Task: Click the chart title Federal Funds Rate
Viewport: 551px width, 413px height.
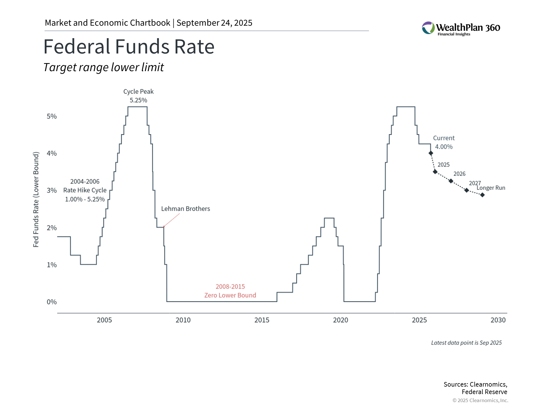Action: pos(129,47)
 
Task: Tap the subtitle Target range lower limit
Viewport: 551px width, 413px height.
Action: pos(104,67)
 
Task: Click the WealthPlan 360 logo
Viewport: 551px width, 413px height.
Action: pos(461,28)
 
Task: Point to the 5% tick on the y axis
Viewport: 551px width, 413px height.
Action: pos(52,116)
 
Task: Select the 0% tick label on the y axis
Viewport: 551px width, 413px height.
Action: pos(52,302)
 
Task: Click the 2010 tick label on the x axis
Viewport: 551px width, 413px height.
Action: pos(183,320)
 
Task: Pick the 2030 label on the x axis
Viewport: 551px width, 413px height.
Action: pos(498,320)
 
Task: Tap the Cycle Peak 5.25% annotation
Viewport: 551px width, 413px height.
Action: pos(138,96)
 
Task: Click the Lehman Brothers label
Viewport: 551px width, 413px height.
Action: pos(185,209)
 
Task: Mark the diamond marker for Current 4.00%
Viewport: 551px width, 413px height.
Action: pos(431,153)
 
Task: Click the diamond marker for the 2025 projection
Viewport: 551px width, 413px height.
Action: pos(435,172)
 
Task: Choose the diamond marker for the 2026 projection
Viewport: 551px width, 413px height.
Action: pos(451,181)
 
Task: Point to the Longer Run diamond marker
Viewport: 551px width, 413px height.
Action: pos(482,195)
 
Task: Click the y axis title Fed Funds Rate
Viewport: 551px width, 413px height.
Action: pos(36,200)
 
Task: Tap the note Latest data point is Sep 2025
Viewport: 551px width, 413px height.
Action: pos(466,343)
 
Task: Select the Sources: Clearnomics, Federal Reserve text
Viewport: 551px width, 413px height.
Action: pos(475,388)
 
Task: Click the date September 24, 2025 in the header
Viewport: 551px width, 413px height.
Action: pos(214,23)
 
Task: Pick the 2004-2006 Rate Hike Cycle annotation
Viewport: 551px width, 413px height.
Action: pos(85,190)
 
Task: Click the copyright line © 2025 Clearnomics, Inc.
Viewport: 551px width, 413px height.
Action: pos(480,400)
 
